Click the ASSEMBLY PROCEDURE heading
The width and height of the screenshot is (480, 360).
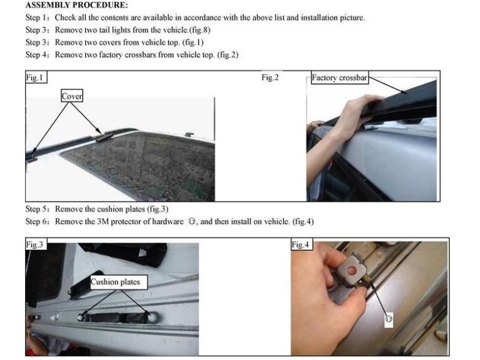(77, 5)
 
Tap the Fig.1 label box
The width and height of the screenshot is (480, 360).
(36, 77)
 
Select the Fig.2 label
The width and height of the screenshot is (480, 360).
(270, 77)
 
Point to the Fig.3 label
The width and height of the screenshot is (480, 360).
(36, 244)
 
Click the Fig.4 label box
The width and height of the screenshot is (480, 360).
(301, 244)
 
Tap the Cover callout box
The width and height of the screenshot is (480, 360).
(72, 96)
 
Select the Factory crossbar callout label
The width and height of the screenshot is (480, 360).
(339, 78)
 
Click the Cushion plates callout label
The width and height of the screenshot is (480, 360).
(116, 282)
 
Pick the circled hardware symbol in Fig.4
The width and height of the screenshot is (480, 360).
(388, 319)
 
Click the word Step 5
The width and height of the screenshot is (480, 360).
(37, 209)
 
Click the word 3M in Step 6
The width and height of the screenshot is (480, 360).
(103, 221)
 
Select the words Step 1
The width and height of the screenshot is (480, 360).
(37, 18)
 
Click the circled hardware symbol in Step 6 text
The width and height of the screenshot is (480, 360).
(191, 221)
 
